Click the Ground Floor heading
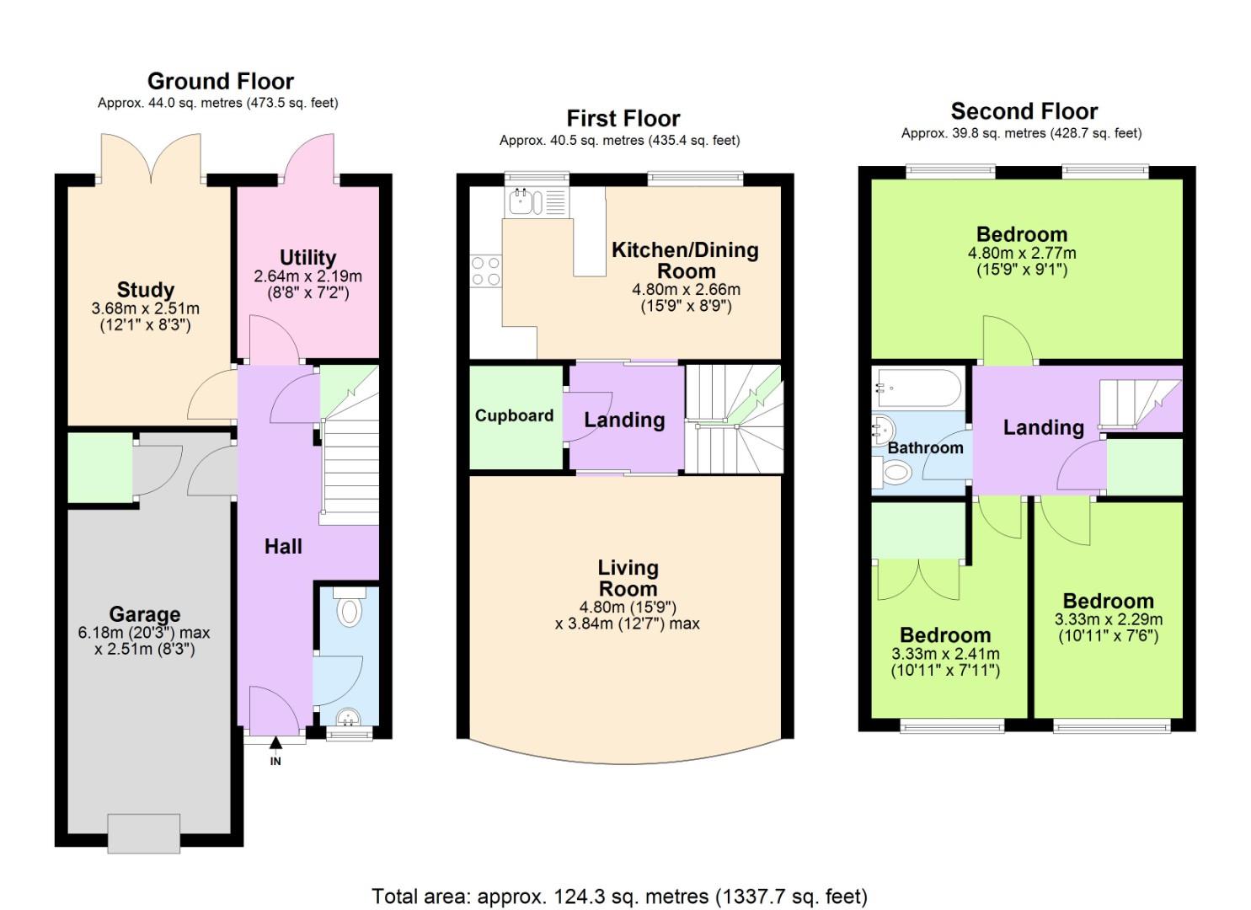[x=220, y=82]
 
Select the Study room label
[x=146, y=290]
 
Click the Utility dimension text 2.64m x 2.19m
[x=307, y=276]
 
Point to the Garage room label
[x=144, y=614]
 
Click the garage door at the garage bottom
[x=143, y=833]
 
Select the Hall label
[x=283, y=547]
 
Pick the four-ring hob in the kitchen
[x=486, y=271]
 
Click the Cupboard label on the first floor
[x=514, y=415]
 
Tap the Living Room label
[x=628, y=578]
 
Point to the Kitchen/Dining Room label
[x=685, y=260]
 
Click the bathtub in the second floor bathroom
[x=917, y=388]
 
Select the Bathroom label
[x=925, y=447]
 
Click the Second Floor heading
[x=1024, y=111]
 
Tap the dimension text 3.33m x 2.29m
[x=1108, y=619]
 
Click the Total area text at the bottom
[x=619, y=897]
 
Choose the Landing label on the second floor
[x=1043, y=427]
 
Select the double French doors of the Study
[x=151, y=159]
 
